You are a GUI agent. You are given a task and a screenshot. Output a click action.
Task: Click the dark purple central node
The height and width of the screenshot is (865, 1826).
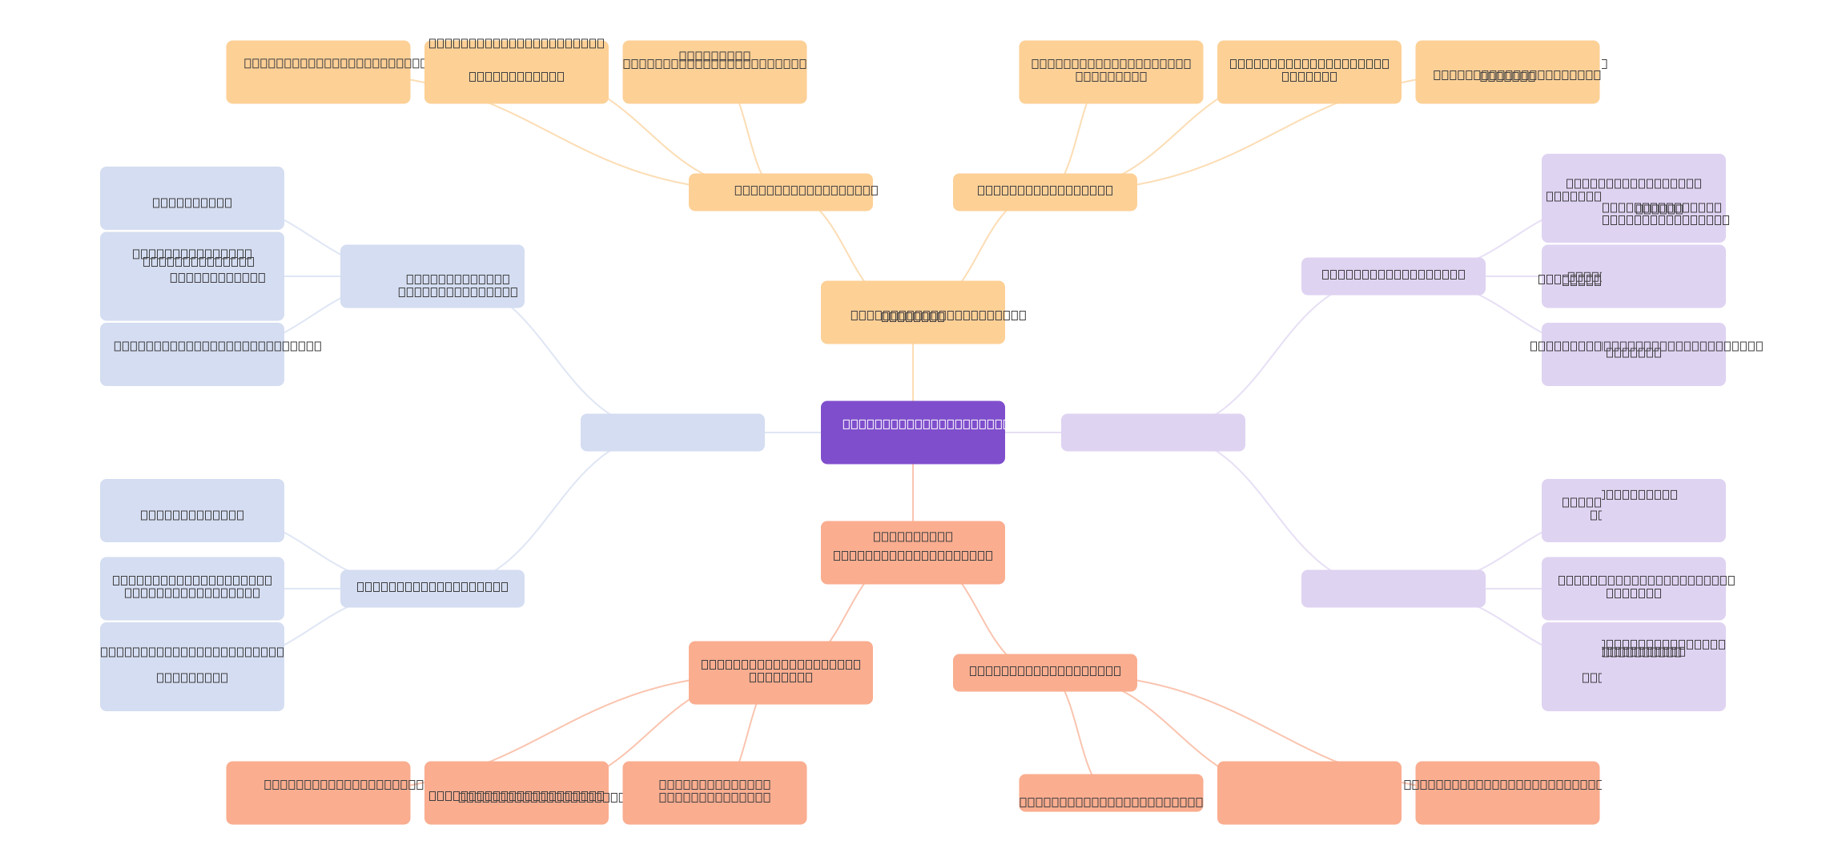(912, 432)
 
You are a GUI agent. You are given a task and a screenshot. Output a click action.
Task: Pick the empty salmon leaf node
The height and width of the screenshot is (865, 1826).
(1309, 793)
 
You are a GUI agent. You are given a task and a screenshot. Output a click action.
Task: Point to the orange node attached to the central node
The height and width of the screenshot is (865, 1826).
(912, 312)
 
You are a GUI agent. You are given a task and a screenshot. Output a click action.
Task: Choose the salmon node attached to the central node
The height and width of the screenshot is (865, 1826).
(912, 553)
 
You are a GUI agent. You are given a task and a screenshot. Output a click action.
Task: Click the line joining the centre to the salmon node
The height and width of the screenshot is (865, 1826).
(913, 493)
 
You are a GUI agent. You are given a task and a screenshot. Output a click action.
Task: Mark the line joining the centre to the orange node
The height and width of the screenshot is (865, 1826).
(913, 372)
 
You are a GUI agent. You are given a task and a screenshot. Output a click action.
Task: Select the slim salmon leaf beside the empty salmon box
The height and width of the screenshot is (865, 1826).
(1111, 793)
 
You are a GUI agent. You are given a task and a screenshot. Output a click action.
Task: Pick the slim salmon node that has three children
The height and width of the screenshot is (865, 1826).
(1044, 673)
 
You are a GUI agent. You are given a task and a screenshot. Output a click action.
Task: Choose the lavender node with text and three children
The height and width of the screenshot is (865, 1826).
(1393, 276)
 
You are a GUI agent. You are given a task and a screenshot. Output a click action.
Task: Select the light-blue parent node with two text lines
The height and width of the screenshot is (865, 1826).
(432, 276)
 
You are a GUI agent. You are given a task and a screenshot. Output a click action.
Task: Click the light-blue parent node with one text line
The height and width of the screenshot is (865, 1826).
(432, 589)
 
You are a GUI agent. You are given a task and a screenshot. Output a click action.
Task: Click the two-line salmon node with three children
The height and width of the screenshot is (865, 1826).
(780, 673)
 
